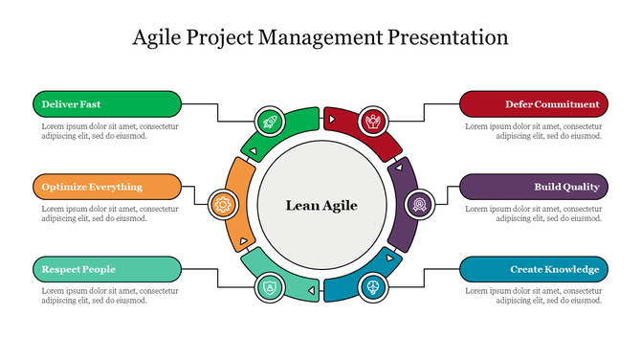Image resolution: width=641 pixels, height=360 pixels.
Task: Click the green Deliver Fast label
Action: point(106,103)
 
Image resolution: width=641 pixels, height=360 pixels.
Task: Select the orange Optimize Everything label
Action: point(106,187)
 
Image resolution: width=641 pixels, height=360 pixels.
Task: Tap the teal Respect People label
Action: point(106,269)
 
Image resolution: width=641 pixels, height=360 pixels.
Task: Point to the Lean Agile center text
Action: point(321,205)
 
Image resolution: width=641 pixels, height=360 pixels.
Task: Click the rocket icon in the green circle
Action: point(269,121)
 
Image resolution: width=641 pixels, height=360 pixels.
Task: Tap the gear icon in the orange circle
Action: point(223,203)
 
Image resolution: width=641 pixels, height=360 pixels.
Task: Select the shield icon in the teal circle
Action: point(269,286)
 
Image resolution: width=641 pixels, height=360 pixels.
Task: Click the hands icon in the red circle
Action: point(373,121)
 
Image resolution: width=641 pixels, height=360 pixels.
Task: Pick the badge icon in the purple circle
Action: point(420,203)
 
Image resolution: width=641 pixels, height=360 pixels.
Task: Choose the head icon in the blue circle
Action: point(373,286)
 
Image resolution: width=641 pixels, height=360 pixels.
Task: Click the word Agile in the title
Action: point(161,38)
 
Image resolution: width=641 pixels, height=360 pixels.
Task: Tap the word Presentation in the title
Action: point(449,38)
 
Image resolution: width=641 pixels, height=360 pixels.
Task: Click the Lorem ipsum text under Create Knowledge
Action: point(534,295)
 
